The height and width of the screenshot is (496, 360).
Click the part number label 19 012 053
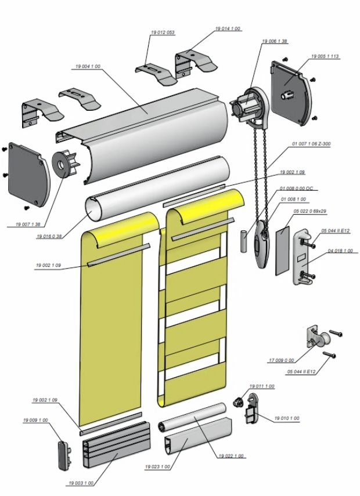pos(162,33)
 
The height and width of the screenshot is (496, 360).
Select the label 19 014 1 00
pos(228,28)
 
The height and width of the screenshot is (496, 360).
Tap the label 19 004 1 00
pos(88,67)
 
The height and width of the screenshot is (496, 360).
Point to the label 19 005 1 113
pos(325,56)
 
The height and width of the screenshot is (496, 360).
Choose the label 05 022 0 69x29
pos(311,211)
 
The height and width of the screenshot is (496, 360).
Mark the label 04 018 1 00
pos(340,251)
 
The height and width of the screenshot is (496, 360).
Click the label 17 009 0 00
pos(282,360)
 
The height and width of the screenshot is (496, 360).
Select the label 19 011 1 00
pos(262,386)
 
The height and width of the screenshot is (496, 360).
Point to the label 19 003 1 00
pos(80,483)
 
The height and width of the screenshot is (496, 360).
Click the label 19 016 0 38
pos(49,237)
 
